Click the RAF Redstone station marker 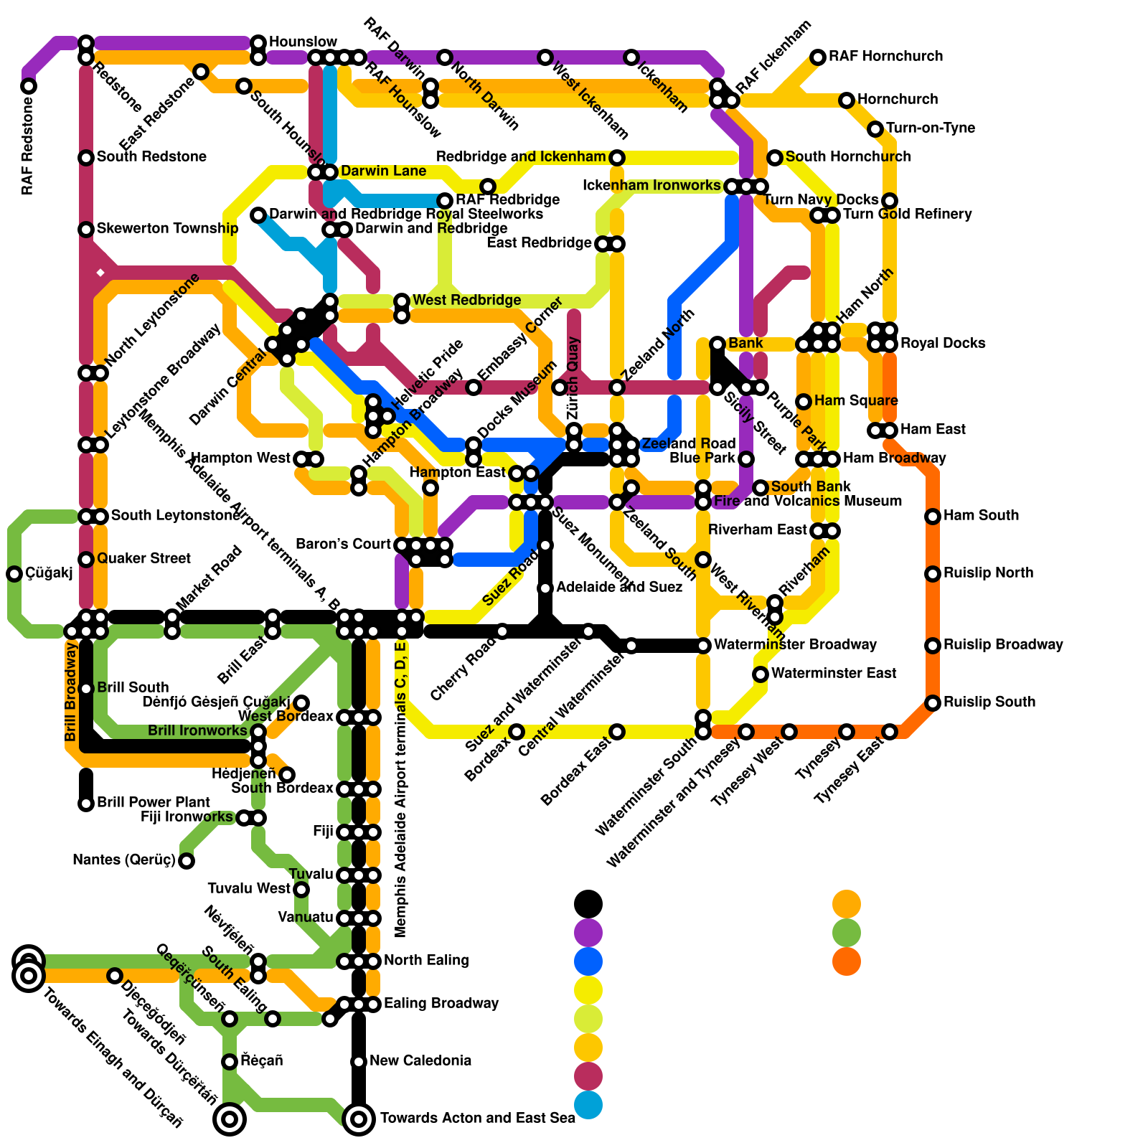pyautogui.click(x=29, y=86)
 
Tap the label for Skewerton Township pyautogui.click(x=167, y=228)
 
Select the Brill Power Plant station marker pyautogui.click(x=86, y=804)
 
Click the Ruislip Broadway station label pyautogui.click(x=1002, y=644)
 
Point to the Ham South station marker pyautogui.click(x=933, y=517)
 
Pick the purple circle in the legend pyautogui.click(x=588, y=933)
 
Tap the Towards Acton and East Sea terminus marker pyautogui.click(x=359, y=1118)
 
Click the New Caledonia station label pyautogui.click(x=420, y=1060)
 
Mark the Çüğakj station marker pyautogui.click(x=14, y=574)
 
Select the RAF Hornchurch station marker pyautogui.click(x=818, y=57)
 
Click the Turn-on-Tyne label pyautogui.click(x=931, y=128)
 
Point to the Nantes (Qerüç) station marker pyautogui.click(x=187, y=861)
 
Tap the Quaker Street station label pyautogui.click(x=143, y=558)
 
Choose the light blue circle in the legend pyautogui.click(x=588, y=1105)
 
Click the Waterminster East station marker pyautogui.click(x=761, y=674)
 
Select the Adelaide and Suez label pyautogui.click(x=619, y=587)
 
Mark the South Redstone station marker pyautogui.click(x=86, y=158)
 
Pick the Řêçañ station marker pyautogui.click(x=230, y=1062)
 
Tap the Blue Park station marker pyautogui.click(x=746, y=459)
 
